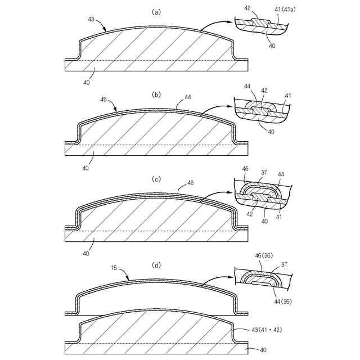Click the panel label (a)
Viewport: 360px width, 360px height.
(x=156, y=12)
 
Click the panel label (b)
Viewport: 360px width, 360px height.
(x=156, y=95)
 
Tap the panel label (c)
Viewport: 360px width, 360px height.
(x=156, y=179)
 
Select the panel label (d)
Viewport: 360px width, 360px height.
(x=156, y=265)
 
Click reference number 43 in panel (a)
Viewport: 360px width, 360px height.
(x=91, y=19)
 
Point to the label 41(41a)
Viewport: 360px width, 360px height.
(x=285, y=10)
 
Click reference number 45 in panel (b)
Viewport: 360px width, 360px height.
(x=103, y=100)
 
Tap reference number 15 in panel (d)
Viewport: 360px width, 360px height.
(x=114, y=268)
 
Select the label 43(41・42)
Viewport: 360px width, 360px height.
(x=267, y=330)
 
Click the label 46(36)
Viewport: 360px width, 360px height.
(x=264, y=255)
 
